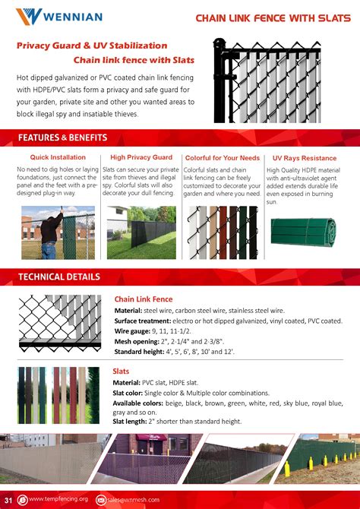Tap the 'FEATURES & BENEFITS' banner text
(x=62, y=138)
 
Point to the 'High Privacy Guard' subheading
(x=141, y=157)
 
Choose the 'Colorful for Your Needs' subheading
(x=223, y=158)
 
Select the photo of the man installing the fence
(x=58, y=232)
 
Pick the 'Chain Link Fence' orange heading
(x=144, y=299)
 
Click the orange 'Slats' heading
(x=121, y=371)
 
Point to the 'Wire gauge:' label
(x=132, y=332)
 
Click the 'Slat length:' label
(x=132, y=421)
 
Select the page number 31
(x=8, y=499)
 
